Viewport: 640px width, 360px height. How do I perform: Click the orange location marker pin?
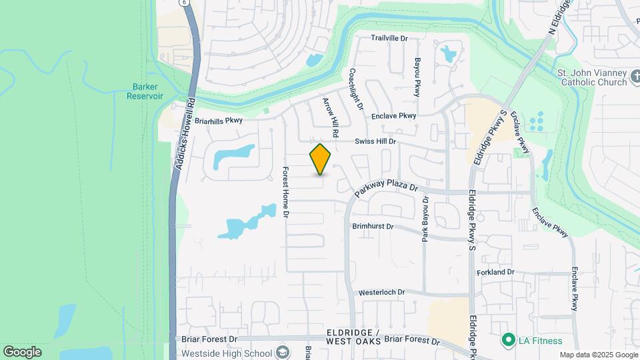tap(320, 159)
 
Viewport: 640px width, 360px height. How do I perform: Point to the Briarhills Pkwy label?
tap(219, 121)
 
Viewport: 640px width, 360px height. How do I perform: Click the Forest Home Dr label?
tap(285, 192)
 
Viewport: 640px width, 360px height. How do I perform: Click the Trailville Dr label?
tap(389, 39)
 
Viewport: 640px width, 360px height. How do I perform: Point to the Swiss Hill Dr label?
tap(375, 141)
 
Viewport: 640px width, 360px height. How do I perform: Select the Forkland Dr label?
tap(496, 272)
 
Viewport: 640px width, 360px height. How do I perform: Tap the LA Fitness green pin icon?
tap(508, 341)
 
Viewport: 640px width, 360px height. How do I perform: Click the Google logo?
tap(22, 352)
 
